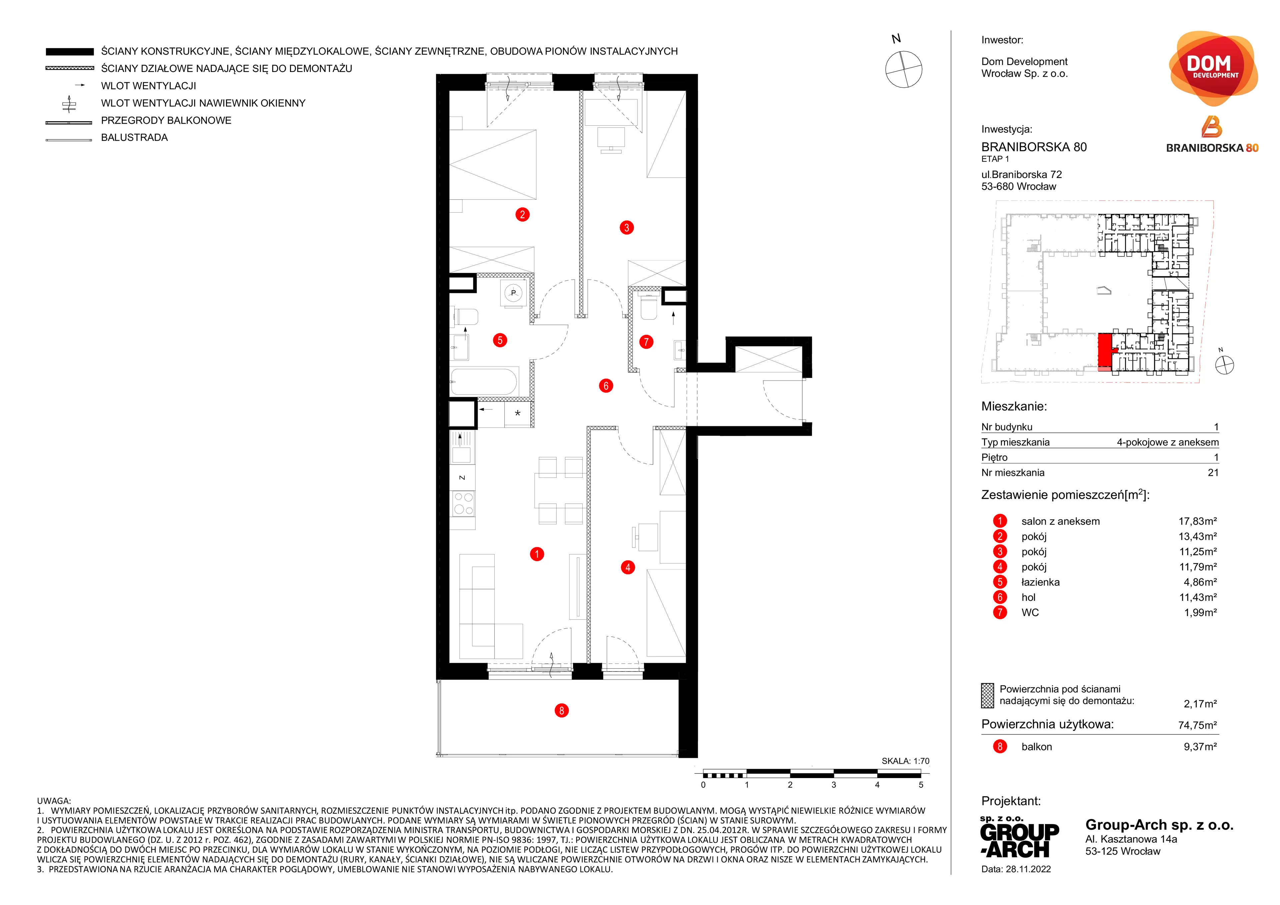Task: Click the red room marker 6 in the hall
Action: tap(606, 386)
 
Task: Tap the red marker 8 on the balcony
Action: tap(561, 710)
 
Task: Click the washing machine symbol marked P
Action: tap(513, 293)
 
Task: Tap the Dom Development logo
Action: tap(1213, 68)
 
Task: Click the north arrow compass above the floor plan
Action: tap(904, 69)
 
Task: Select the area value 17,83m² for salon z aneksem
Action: tap(1197, 521)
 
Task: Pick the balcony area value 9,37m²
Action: tap(1200, 747)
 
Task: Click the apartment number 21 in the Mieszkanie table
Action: tap(1213, 472)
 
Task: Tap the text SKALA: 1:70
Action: tap(905, 761)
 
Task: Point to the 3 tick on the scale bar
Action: tap(833, 785)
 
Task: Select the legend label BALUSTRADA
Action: tap(134, 138)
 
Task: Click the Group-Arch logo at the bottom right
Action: tap(1020, 839)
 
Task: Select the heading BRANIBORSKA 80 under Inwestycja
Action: tap(1034, 147)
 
